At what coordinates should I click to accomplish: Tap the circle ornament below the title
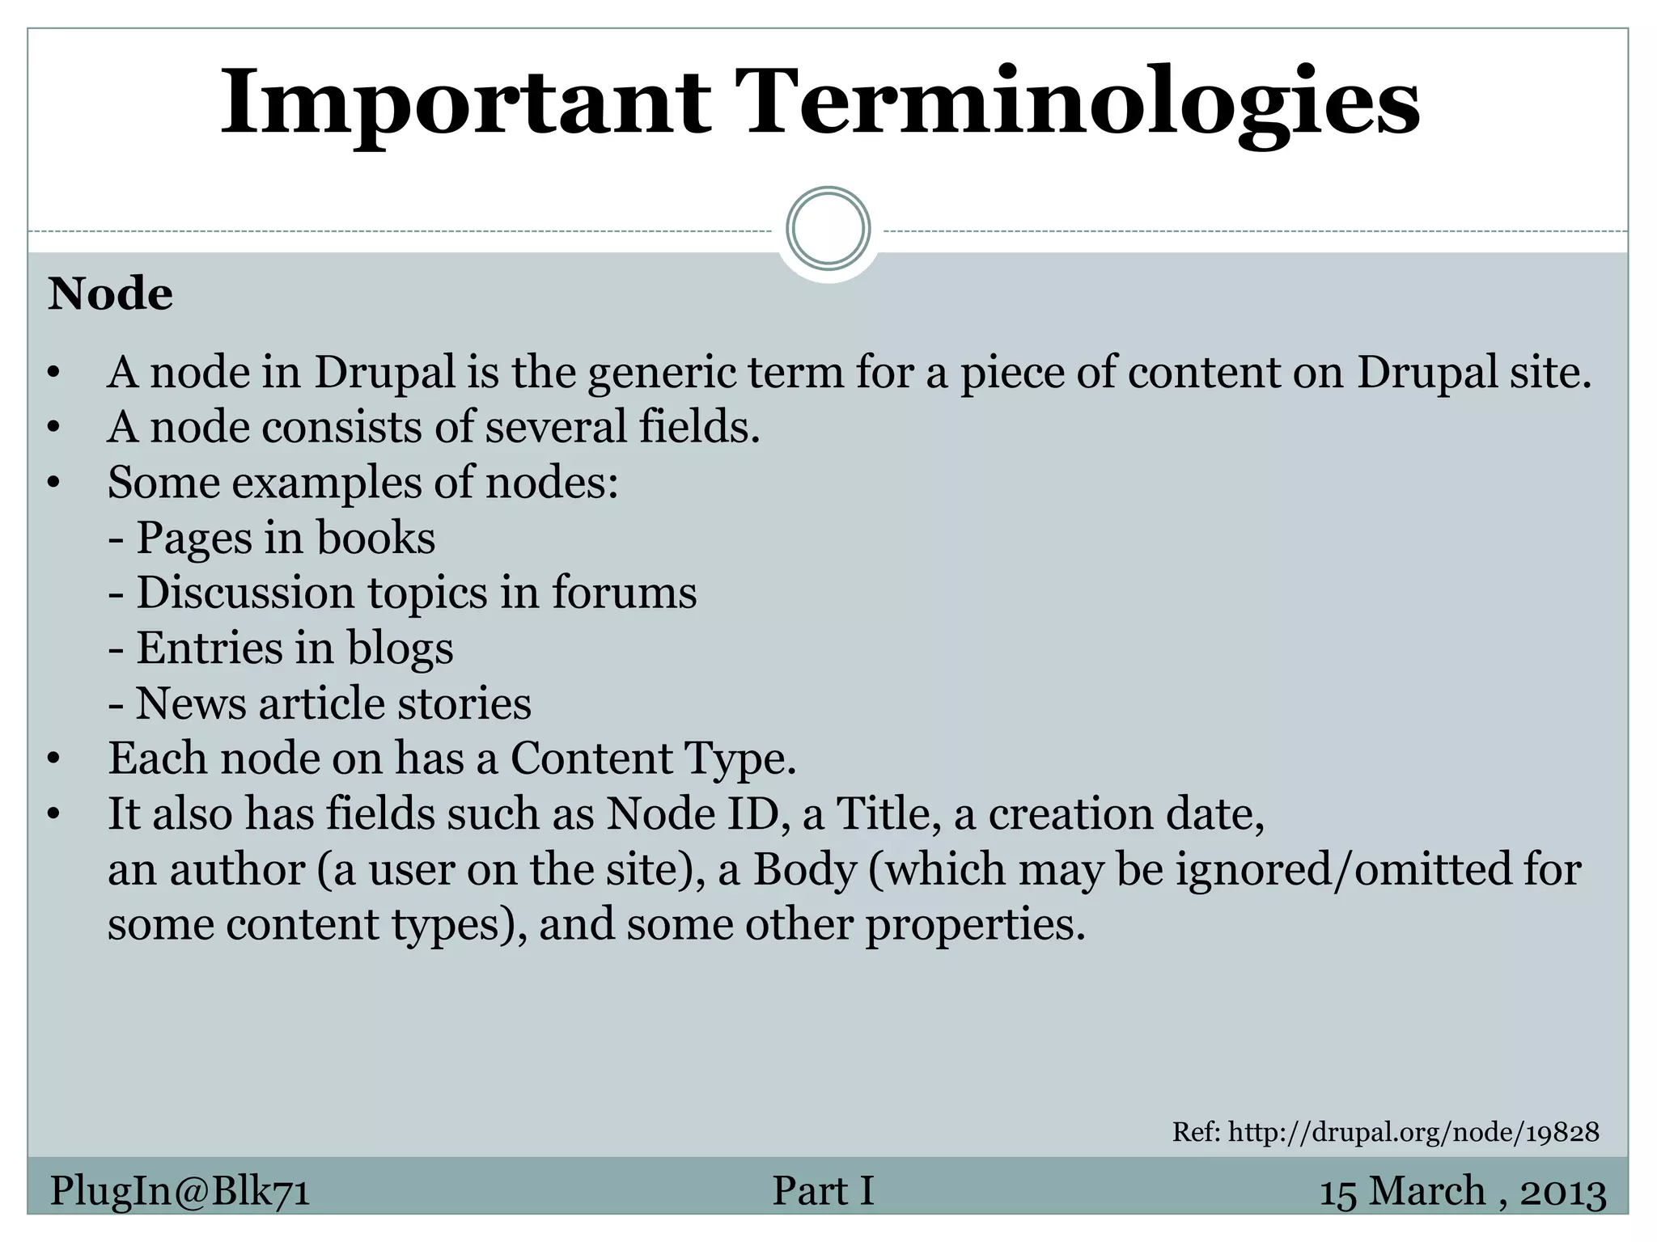(828, 229)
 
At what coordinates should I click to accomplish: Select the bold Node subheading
(110, 294)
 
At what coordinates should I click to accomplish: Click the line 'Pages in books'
(273, 538)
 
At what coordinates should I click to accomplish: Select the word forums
(624, 593)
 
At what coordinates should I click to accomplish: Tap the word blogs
(400, 648)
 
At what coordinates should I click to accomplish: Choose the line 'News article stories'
(320, 703)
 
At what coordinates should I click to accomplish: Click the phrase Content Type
(652, 759)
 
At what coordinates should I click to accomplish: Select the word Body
(804, 870)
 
